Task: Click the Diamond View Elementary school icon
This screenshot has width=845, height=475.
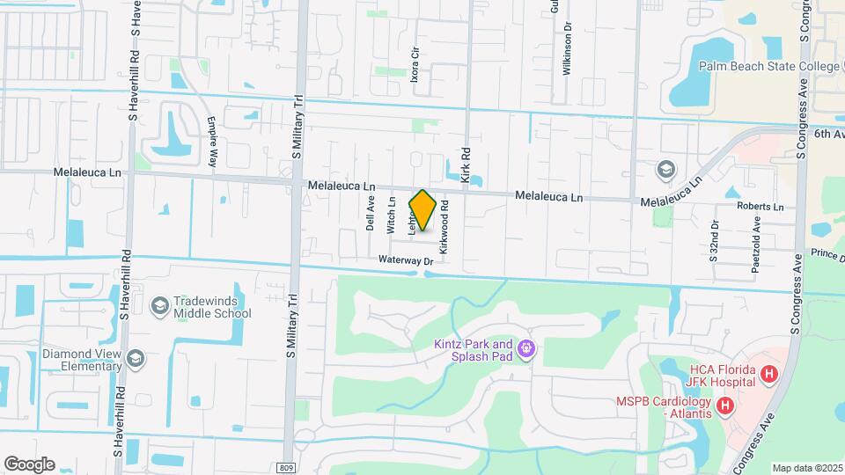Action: [x=135, y=358]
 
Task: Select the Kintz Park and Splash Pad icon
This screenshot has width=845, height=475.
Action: [x=526, y=349]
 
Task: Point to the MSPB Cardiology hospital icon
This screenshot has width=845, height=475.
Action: [x=725, y=406]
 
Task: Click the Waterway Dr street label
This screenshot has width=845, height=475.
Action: [x=407, y=260]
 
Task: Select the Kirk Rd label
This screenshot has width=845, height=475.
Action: [x=466, y=165]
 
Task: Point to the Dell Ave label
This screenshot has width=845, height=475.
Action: [x=371, y=214]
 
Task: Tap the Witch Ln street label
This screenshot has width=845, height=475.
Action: [x=392, y=215]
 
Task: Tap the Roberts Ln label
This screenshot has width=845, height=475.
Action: [x=760, y=207]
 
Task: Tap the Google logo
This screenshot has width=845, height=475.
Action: [x=29, y=464]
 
